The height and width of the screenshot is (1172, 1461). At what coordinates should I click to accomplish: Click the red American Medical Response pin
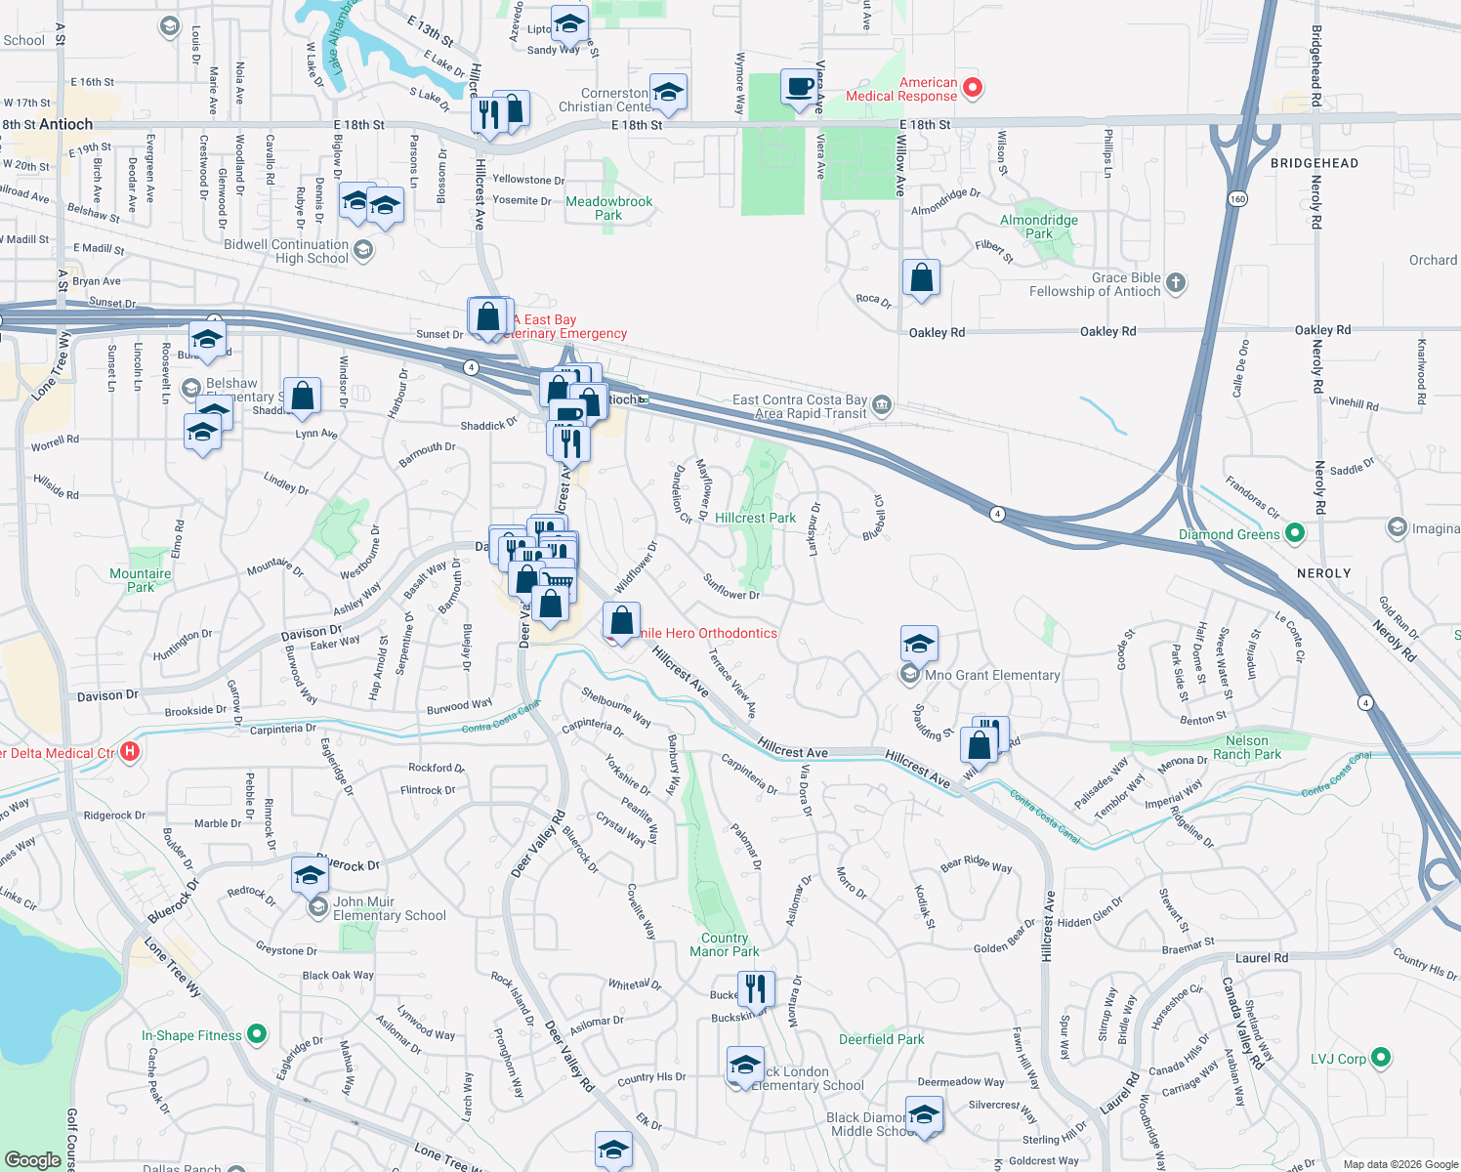pyautogui.click(x=972, y=88)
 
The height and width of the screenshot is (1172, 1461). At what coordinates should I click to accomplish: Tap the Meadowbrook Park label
pyautogui.click(x=608, y=208)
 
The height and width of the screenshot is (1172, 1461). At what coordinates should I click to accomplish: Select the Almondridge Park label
pyautogui.click(x=1039, y=227)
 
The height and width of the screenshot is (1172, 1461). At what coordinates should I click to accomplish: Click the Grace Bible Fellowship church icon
pyautogui.click(x=1176, y=283)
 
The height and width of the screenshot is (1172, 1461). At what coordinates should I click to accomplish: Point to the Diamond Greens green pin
pyautogui.click(x=1295, y=533)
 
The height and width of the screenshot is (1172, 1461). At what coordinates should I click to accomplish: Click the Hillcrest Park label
pyautogui.click(x=755, y=518)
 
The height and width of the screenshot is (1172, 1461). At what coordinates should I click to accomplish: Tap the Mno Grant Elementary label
pyautogui.click(x=991, y=675)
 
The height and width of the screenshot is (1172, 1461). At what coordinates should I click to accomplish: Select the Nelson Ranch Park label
pyautogui.click(x=1246, y=747)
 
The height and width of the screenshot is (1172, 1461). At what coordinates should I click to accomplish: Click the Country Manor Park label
pyautogui.click(x=724, y=944)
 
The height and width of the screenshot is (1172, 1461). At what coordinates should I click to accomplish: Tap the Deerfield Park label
pyautogui.click(x=881, y=1039)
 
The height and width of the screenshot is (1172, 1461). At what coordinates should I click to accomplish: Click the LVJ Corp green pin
pyautogui.click(x=1380, y=1058)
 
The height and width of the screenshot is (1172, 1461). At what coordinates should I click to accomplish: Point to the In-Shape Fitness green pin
pyautogui.click(x=257, y=1033)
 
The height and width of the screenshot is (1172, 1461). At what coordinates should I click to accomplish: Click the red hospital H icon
pyautogui.click(x=130, y=752)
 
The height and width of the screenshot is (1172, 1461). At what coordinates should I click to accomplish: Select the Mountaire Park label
pyautogui.click(x=140, y=580)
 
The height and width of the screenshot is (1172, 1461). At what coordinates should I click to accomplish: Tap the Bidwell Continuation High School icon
pyautogui.click(x=363, y=250)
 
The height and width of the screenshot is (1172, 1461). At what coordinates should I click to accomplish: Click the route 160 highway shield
pyautogui.click(x=1238, y=198)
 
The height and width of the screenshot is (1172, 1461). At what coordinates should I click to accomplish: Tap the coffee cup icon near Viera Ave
pyautogui.click(x=799, y=87)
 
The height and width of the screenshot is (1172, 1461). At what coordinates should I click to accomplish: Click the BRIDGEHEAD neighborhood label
pyautogui.click(x=1314, y=163)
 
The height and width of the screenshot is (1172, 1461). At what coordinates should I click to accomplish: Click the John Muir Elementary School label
pyautogui.click(x=389, y=908)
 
